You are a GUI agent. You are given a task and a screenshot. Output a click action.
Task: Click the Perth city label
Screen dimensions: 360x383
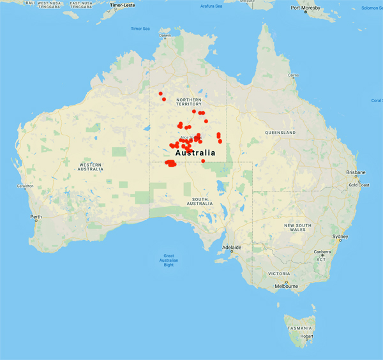(x=36, y=217)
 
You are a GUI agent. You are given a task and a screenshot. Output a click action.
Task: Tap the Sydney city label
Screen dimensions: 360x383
(x=340, y=236)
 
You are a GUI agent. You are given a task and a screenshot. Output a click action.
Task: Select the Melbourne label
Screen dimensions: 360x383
(x=287, y=286)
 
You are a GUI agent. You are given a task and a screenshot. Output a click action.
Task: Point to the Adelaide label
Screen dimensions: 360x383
(x=232, y=247)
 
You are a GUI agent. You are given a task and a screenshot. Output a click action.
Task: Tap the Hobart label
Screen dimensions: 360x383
(x=308, y=336)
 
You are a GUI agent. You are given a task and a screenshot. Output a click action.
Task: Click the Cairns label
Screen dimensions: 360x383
(x=293, y=75)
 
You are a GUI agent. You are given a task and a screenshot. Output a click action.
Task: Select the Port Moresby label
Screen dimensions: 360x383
(x=305, y=8)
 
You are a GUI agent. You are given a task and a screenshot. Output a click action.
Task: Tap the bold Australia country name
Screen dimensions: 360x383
(x=195, y=153)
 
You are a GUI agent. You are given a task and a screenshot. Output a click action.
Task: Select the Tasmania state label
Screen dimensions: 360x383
(x=299, y=327)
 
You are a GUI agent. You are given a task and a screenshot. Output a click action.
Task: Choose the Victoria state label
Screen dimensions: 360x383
(x=279, y=273)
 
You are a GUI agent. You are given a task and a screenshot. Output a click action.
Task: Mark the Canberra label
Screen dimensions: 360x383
(x=322, y=251)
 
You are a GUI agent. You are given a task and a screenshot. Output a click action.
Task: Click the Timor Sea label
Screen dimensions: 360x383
(x=140, y=29)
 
